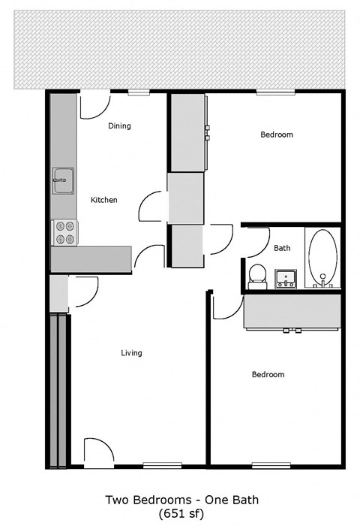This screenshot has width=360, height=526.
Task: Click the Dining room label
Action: click(119, 126)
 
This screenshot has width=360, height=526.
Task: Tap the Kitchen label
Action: click(103, 200)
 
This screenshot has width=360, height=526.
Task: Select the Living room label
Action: click(131, 352)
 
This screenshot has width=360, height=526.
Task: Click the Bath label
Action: click(282, 248)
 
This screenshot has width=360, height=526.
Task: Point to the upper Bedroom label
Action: click(276, 135)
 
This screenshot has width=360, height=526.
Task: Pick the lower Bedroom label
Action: click(268, 374)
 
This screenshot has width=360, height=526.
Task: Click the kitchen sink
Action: click(63, 181)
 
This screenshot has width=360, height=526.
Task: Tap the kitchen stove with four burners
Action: click(64, 232)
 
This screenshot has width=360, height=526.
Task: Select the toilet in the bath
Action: click(257, 274)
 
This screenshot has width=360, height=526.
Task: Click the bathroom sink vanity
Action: click(285, 280)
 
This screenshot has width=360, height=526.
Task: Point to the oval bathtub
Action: click(323, 258)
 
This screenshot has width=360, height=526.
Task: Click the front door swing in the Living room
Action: click(97, 453)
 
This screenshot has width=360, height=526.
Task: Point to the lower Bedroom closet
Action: click(292, 311)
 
